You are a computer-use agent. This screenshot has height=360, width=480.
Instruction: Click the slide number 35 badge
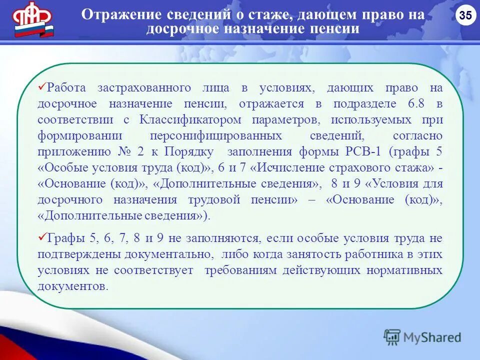tap(465, 16)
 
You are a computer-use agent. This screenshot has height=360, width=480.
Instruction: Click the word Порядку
tap(189, 152)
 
